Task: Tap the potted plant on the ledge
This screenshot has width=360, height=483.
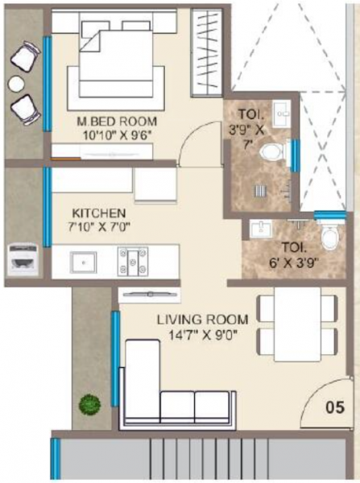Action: tap(89, 402)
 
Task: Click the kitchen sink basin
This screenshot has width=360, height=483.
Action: tap(82, 261)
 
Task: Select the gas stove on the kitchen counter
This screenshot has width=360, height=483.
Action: tap(131, 260)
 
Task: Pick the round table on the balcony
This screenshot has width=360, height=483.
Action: tap(16, 83)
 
